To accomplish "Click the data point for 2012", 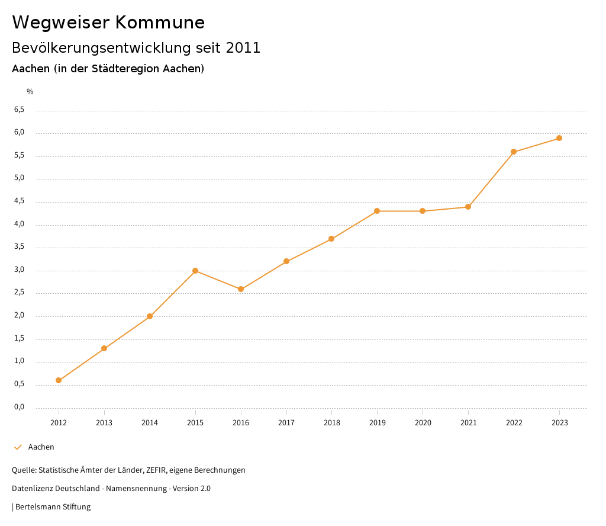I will tap(59, 380).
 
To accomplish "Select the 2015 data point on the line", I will tap(195, 271).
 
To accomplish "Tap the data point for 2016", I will tap(241, 289).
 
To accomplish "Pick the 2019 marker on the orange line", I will tap(377, 211).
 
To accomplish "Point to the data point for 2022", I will tap(514, 152).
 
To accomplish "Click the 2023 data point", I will tap(559, 138).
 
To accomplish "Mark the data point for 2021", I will tap(468, 207).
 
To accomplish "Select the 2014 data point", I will tap(150, 316).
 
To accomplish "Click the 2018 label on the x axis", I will tap(331, 422).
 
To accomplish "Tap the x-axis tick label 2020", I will tap(423, 422).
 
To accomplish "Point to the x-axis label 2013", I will tap(104, 422).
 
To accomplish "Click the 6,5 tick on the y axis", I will tap(20, 110).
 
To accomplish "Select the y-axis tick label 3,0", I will tap(20, 270).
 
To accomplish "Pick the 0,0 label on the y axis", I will tap(20, 407).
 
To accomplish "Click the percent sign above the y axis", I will tap(30, 91).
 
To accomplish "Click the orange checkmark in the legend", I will tap(18, 447).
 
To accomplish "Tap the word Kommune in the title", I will tap(159, 23).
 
